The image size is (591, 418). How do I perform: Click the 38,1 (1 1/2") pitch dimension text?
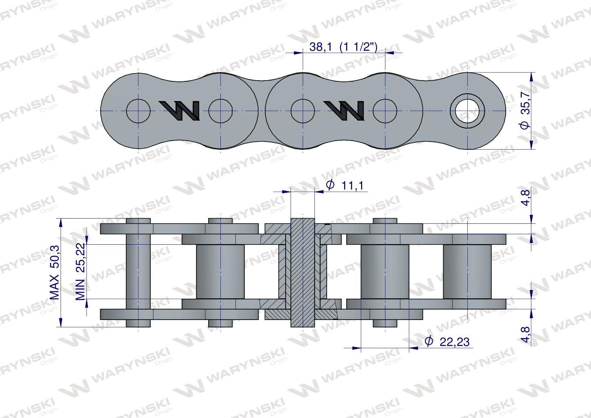click(343, 47)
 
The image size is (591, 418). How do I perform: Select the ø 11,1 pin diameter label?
click(344, 185)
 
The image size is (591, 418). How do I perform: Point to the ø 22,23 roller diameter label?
click(447, 342)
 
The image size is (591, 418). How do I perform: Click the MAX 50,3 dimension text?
click(55, 273)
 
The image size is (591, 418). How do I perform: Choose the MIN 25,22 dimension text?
click(81, 271)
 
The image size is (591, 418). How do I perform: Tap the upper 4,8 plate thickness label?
click(526, 198)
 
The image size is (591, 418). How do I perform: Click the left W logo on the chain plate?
click(179, 111)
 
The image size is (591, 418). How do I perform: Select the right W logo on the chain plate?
click(344, 111)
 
